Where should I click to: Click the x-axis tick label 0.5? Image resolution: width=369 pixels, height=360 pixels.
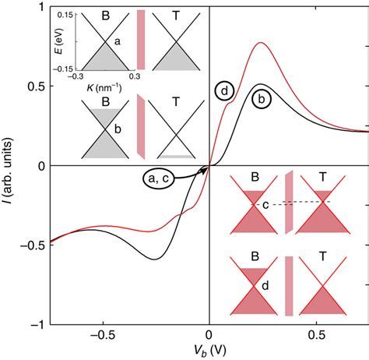pyautogui.click(x=315, y=337)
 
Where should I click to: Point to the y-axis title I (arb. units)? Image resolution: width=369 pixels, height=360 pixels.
pyautogui.click(x=9, y=167)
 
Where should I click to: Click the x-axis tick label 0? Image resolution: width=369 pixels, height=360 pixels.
pyautogui.click(x=209, y=337)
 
